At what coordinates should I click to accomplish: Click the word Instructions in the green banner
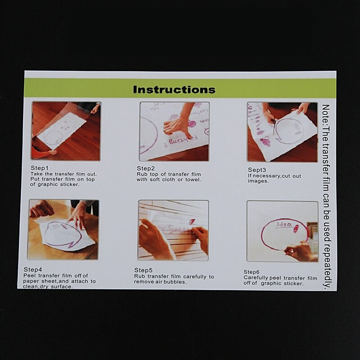(174, 90)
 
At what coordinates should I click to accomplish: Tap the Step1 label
(40, 168)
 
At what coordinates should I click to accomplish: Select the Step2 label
(145, 168)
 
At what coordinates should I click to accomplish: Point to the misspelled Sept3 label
(257, 170)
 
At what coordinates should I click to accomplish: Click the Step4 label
(33, 270)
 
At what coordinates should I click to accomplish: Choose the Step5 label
(143, 270)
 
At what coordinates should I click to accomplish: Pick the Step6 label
(252, 272)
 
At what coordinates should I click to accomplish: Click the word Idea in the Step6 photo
(284, 224)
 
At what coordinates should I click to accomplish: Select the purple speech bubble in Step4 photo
(63, 234)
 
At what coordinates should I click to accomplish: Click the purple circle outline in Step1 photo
(53, 137)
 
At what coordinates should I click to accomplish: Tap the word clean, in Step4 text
(29, 287)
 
